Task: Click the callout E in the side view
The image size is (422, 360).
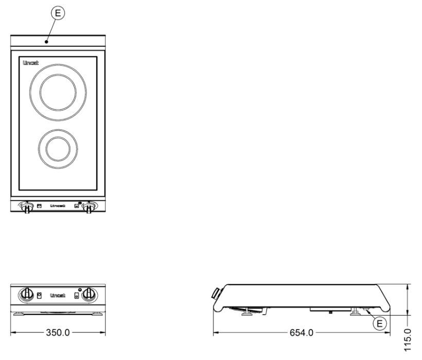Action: coord(380,323)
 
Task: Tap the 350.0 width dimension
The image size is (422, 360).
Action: coord(58,333)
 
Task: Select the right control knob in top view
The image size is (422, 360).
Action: coord(89,207)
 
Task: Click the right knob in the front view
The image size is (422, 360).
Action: coord(90,295)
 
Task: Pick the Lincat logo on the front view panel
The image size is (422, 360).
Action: coord(58,296)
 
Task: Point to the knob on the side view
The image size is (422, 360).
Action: coord(216,294)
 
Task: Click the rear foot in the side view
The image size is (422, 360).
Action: coord(355,312)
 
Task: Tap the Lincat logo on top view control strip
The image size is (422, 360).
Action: coord(58,206)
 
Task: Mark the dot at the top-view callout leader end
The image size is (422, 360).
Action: coord(47,42)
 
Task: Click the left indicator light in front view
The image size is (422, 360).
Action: coord(39,295)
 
